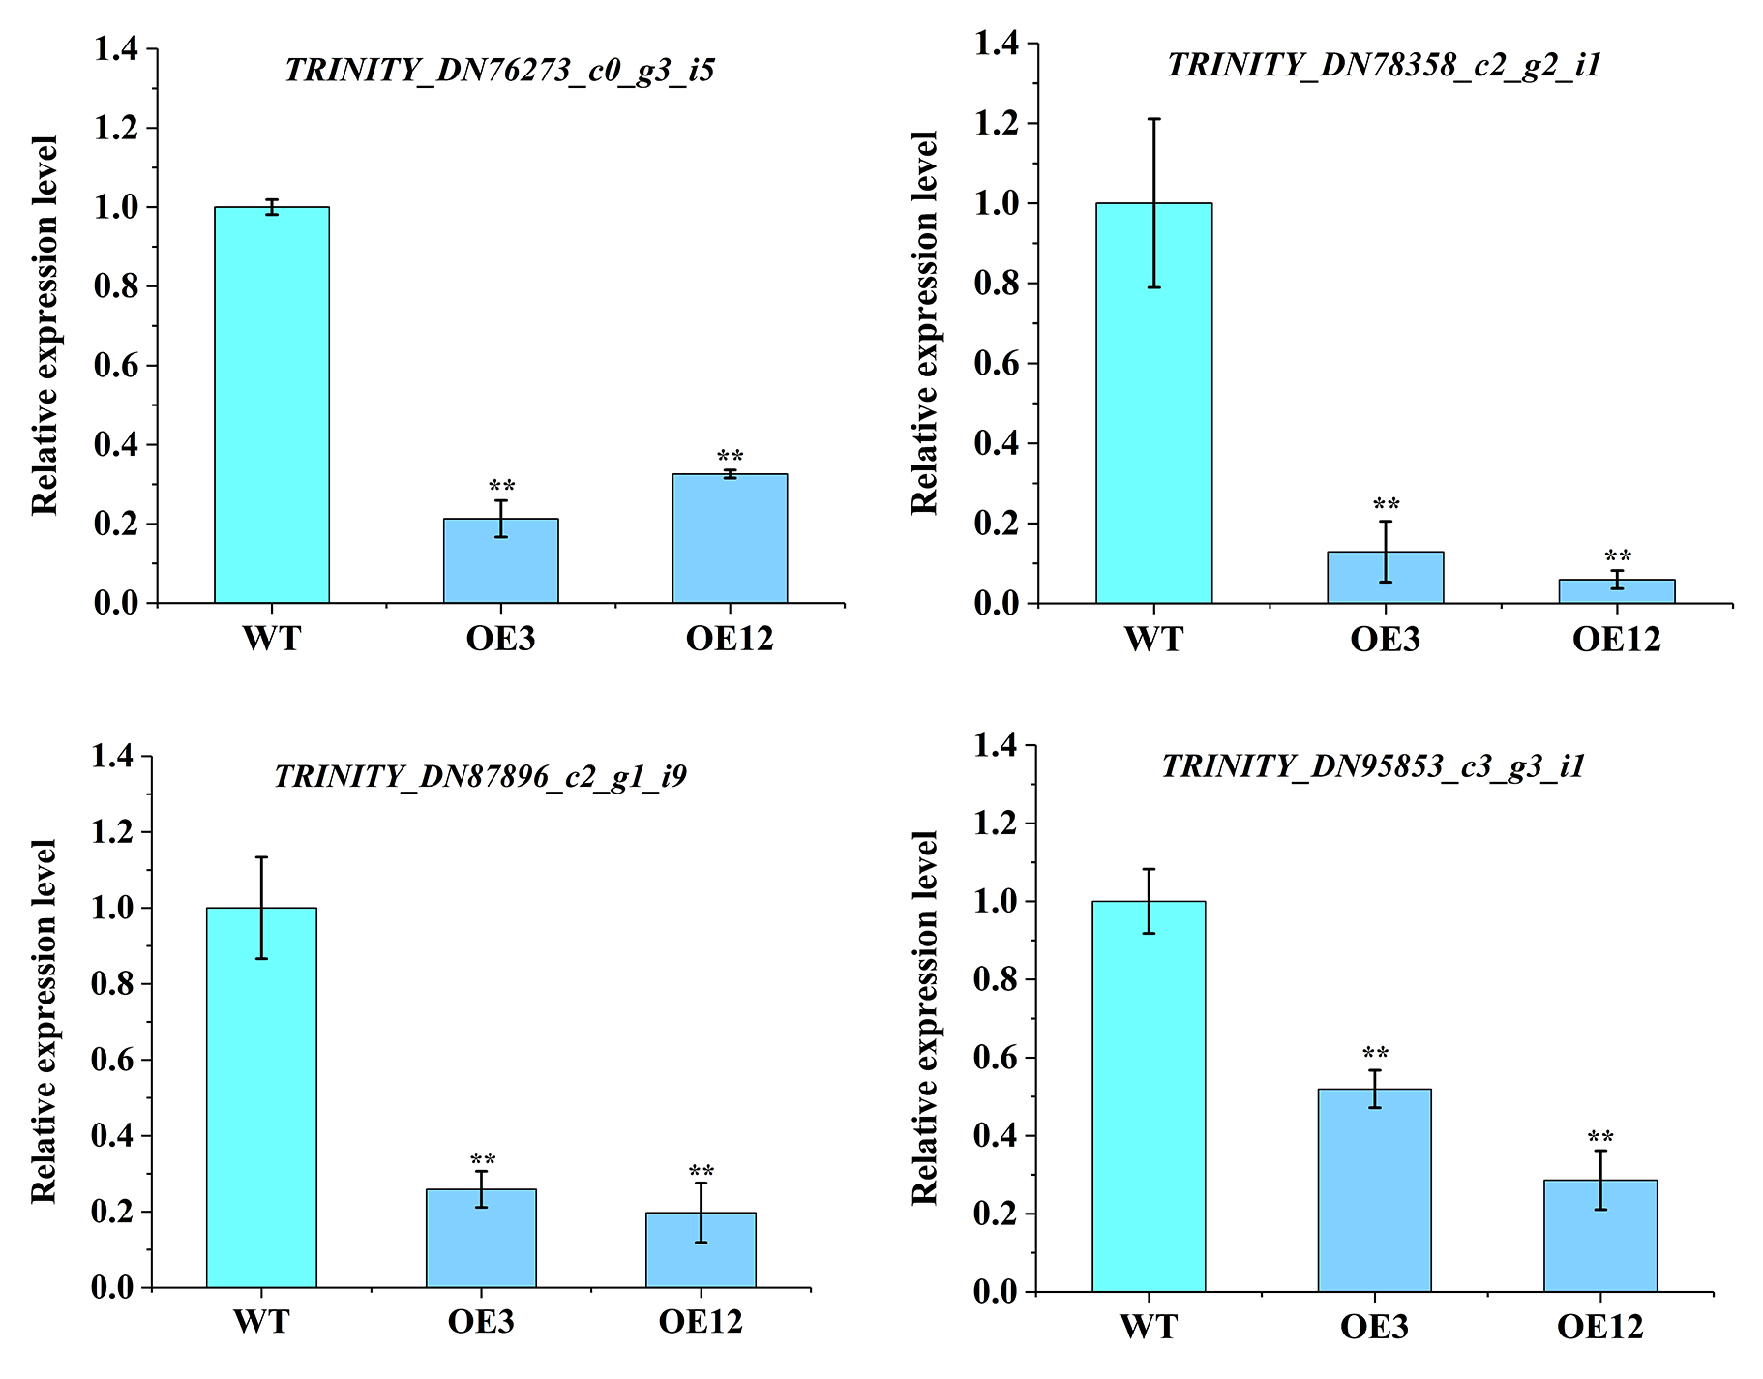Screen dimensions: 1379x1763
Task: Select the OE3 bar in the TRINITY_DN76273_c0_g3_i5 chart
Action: click(501, 561)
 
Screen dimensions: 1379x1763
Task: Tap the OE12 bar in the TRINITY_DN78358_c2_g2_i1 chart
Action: click(1616, 591)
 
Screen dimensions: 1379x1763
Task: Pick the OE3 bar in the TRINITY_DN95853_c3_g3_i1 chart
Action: click(1374, 1190)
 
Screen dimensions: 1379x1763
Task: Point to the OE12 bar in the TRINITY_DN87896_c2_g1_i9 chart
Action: click(701, 1249)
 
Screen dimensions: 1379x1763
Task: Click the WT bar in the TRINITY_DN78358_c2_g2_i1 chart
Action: click(1153, 403)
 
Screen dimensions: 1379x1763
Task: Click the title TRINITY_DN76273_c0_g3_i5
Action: click(500, 71)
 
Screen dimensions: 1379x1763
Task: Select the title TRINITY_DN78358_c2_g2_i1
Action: click(1385, 65)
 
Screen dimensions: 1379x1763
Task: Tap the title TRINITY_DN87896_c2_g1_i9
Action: click(481, 776)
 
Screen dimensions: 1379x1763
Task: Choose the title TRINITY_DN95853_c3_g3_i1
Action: click(1374, 766)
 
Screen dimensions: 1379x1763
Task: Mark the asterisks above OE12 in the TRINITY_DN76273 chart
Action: click(731, 457)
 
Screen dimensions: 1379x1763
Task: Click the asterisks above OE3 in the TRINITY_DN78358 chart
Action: click(1387, 504)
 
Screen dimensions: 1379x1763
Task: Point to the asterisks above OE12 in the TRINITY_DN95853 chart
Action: click(1600, 1137)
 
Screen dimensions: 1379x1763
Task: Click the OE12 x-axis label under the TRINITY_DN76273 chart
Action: click(730, 639)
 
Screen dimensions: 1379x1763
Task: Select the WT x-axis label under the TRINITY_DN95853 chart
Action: click(1149, 1326)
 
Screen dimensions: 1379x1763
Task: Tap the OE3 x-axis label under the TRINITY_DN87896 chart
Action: click(481, 1322)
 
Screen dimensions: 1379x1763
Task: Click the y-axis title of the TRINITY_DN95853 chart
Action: click(925, 1017)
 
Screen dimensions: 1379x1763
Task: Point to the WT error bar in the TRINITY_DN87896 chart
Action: click(261, 907)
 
